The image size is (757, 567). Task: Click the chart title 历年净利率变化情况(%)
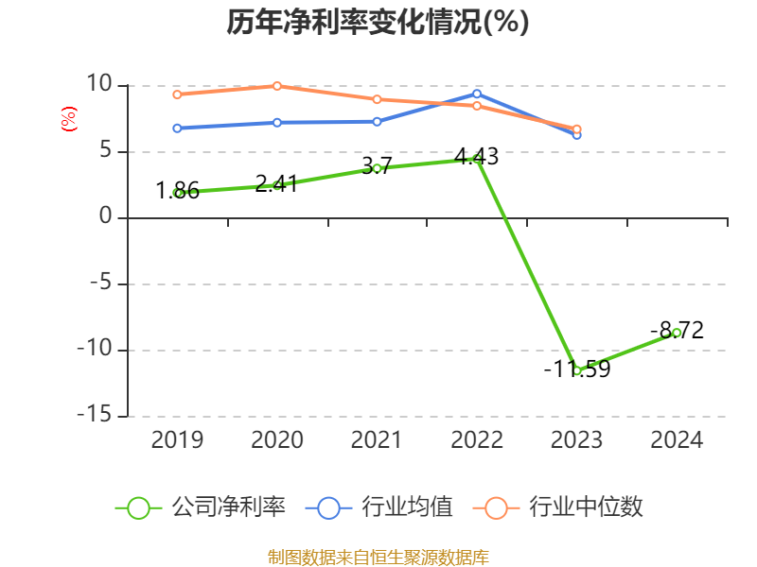(x=378, y=23)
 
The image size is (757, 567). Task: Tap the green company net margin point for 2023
(x=577, y=370)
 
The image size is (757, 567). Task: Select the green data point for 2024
(x=677, y=333)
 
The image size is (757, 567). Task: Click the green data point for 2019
(x=177, y=193)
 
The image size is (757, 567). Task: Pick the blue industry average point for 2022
(x=477, y=94)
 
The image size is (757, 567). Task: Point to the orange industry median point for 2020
(x=277, y=86)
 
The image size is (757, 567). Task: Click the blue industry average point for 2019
(x=177, y=128)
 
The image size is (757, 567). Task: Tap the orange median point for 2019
(x=177, y=94)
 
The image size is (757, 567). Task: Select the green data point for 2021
(x=377, y=168)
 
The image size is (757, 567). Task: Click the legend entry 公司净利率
(x=201, y=507)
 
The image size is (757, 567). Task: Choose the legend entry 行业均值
(x=379, y=507)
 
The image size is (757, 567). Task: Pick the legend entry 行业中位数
(x=564, y=507)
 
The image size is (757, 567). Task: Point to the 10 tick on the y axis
(x=99, y=85)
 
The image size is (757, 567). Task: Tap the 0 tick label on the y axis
(x=105, y=217)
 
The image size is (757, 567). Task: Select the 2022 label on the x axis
(x=477, y=440)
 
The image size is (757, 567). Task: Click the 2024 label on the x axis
(x=677, y=440)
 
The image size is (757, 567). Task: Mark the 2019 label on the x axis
(x=177, y=440)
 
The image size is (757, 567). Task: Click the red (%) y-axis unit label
(x=68, y=119)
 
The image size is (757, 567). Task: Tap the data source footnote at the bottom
(x=378, y=557)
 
